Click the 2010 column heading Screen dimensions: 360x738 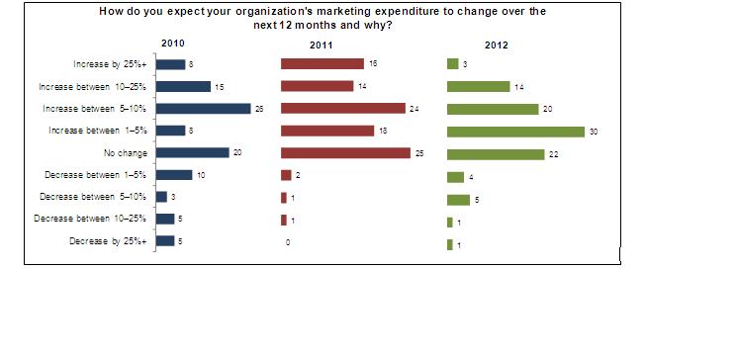pyautogui.click(x=173, y=45)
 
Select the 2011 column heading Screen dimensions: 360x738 pyautogui.click(x=323, y=45)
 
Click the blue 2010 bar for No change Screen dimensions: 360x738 pyautogui.click(x=192, y=153)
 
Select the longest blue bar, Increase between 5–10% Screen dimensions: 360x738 pyautogui.click(x=204, y=109)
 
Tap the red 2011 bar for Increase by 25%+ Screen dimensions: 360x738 pyautogui.click(x=322, y=64)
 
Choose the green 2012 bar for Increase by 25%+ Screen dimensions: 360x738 pyautogui.click(x=452, y=64)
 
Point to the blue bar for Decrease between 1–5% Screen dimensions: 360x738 pyautogui.click(x=175, y=175)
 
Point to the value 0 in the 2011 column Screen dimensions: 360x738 pyautogui.click(x=288, y=242)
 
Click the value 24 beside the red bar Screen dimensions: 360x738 pyautogui.click(x=415, y=109)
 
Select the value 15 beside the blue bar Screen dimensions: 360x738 pyautogui.click(x=219, y=87)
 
